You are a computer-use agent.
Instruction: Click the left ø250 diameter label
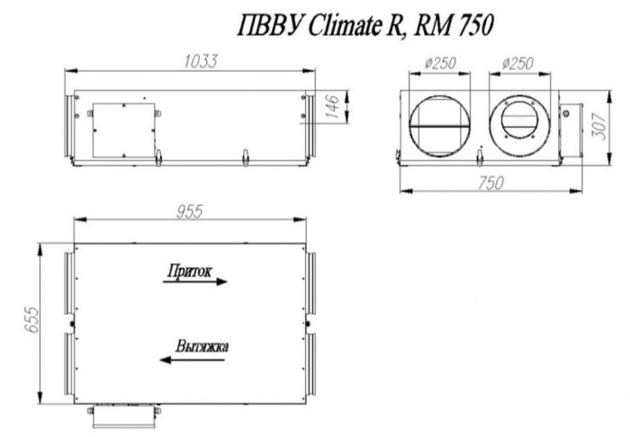(438, 65)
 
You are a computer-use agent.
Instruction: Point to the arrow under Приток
(196, 281)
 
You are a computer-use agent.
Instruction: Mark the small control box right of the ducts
(567, 125)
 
